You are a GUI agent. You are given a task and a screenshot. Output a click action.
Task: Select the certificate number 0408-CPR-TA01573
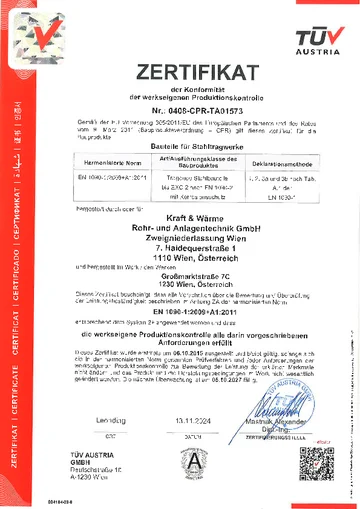point(196,107)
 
